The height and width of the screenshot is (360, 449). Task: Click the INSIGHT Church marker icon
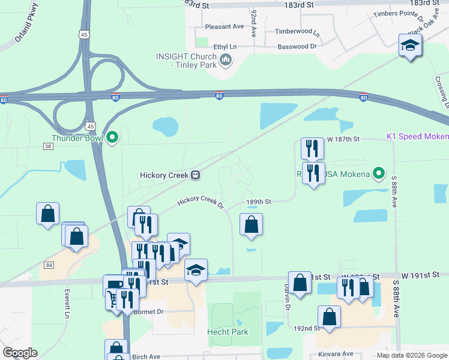(x=226, y=59)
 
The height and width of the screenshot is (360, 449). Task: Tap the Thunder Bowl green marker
(x=112, y=138)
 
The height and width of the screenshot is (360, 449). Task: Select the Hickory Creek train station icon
(x=195, y=175)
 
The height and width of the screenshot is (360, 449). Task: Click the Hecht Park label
(x=228, y=332)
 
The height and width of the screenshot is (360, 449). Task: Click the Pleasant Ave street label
(x=224, y=26)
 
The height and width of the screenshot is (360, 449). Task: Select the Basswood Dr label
(x=297, y=46)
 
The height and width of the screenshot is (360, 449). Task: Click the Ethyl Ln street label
(x=225, y=46)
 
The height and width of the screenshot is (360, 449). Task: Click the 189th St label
(x=259, y=202)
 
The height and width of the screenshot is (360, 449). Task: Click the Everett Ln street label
(x=67, y=305)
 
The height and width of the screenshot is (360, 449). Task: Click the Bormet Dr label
(x=149, y=311)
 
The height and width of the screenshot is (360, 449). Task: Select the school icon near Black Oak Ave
(x=410, y=46)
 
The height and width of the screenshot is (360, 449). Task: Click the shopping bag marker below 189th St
(x=252, y=225)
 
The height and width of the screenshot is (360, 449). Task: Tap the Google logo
(x=20, y=353)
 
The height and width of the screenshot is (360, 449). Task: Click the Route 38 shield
(x=48, y=146)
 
